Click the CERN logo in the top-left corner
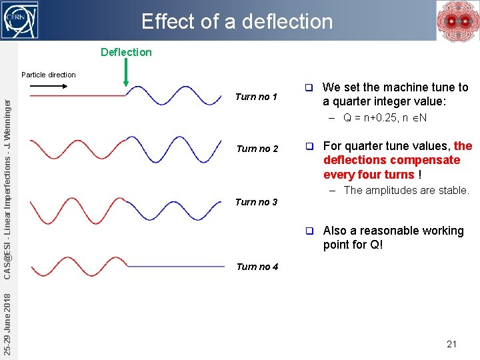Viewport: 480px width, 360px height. tap(20, 20)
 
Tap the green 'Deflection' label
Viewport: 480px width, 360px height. tap(126, 52)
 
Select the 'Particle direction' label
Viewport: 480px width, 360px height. tap(49, 75)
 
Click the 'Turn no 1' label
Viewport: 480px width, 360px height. tap(256, 97)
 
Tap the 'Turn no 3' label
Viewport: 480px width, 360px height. tap(256, 202)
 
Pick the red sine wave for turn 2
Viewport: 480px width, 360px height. tap(77, 148)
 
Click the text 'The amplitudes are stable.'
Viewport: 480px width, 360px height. tap(406, 190)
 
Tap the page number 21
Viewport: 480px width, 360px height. tap(451, 344)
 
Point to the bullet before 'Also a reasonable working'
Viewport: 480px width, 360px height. tap(309, 231)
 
